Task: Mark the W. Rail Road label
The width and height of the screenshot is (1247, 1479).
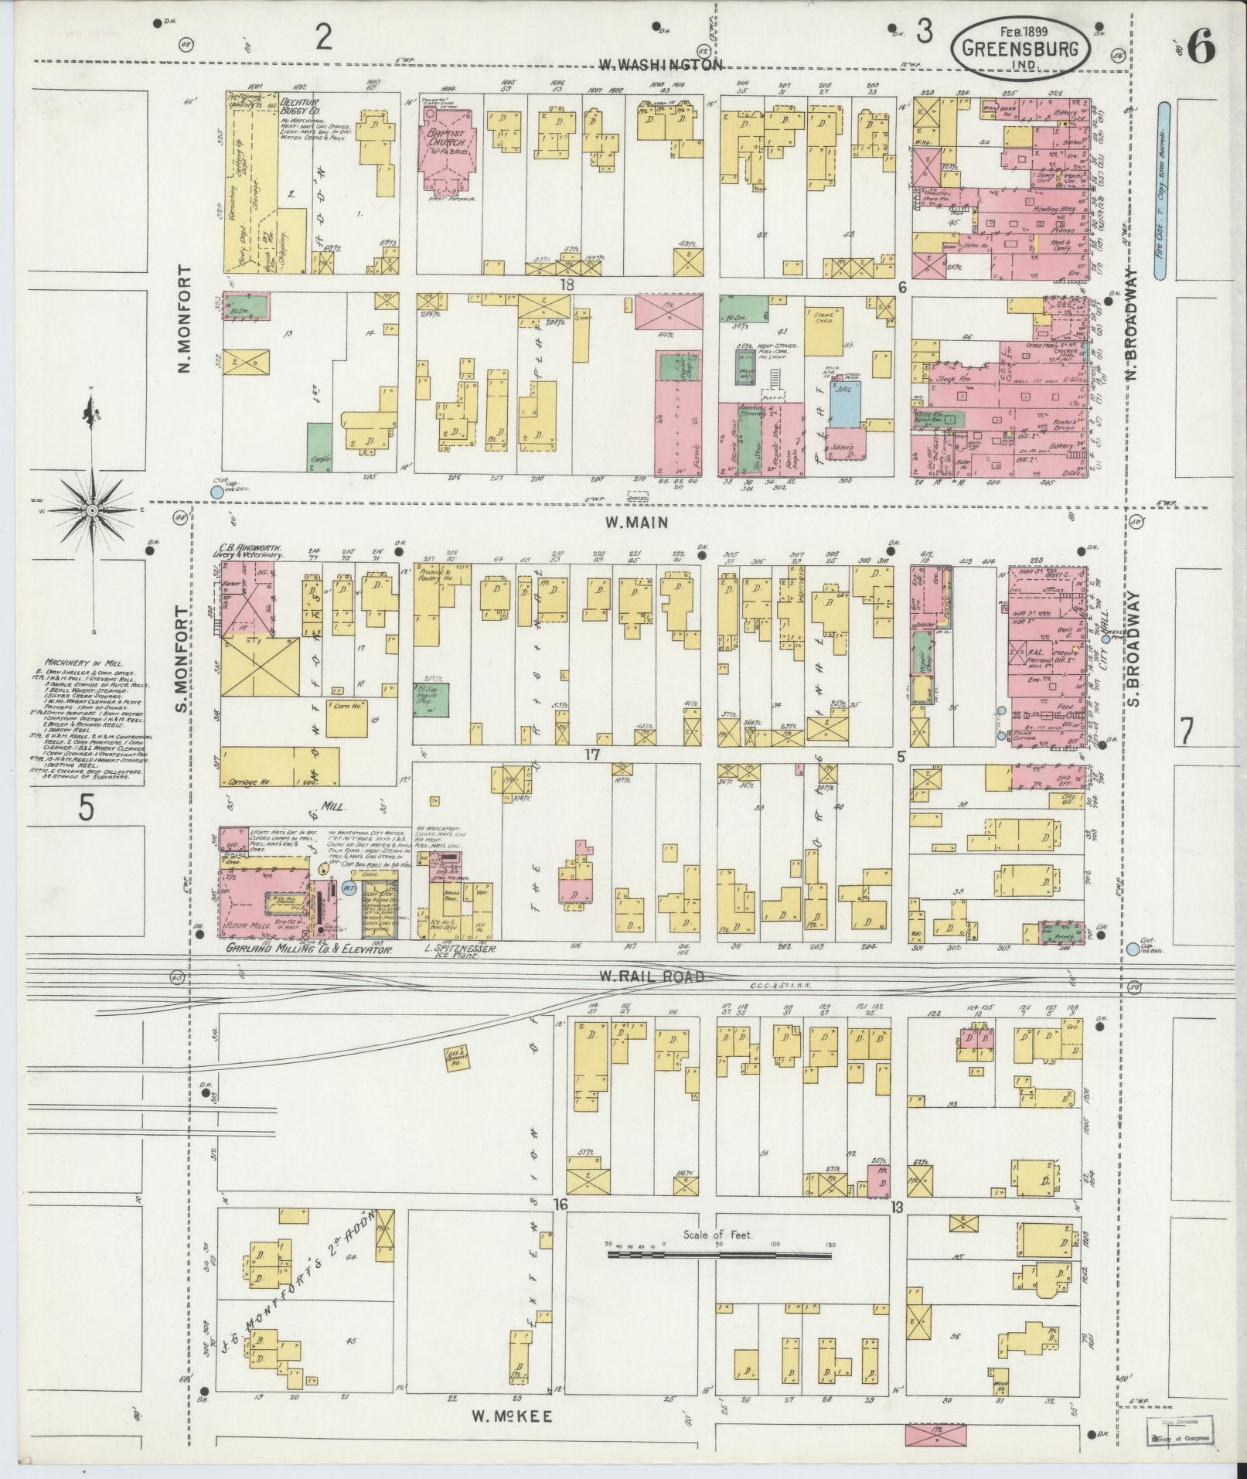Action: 652,976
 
